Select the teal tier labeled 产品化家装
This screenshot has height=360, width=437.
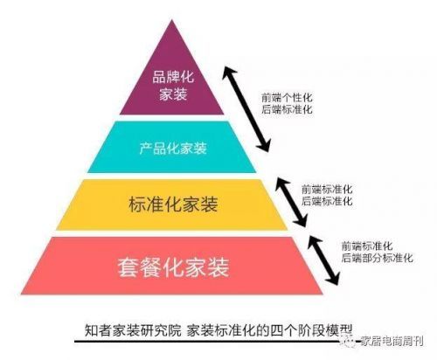pyautogui.click(x=172, y=147)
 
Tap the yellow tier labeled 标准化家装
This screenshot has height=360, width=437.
pyautogui.click(x=172, y=204)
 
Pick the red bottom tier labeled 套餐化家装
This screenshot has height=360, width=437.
pyautogui.click(x=172, y=266)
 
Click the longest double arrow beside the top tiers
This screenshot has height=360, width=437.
pyautogui.click(x=246, y=108)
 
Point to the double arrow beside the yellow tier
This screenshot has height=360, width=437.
pyautogui.click(x=291, y=202)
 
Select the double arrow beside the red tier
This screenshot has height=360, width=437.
pyautogui.click(x=324, y=260)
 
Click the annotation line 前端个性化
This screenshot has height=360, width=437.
pyautogui.click(x=287, y=98)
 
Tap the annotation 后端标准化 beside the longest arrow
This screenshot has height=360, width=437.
pyautogui.click(x=287, y=109)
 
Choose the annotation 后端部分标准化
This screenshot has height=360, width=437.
pyautogui.click(x=378, y=258)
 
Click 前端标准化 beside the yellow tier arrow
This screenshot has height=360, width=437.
pyautogui.click(x=327, y=190)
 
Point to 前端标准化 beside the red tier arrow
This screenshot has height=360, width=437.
pyautogui.click(x=367, y=246)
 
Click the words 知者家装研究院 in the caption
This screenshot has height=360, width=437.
pyautogui.click(x=133, y=331)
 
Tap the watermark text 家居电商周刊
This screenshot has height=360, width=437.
pyautogui.click(x=392, y=341)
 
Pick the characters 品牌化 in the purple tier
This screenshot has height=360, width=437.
pyautogui.click(x=173, y=77)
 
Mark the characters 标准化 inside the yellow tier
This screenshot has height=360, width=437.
pyautogui.click(x=155, y=204)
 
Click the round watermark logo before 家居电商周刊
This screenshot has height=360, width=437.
pyautogui.click(x=349, y=341)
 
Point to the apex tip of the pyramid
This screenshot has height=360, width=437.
pyautogui.click(x=172, y=20)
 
